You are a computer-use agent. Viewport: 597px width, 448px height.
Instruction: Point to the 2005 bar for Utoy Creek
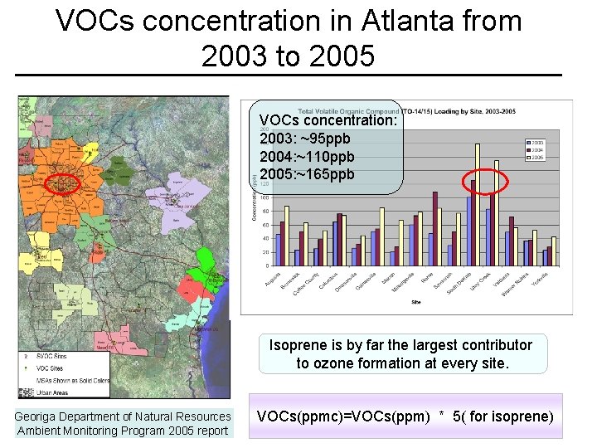pos(497,213)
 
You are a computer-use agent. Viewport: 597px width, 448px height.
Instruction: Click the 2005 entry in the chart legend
pos(537,157)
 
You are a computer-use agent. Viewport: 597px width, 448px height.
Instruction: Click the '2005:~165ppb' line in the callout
pos(307,174)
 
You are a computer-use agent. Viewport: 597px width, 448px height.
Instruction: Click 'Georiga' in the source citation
pos(36,416)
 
